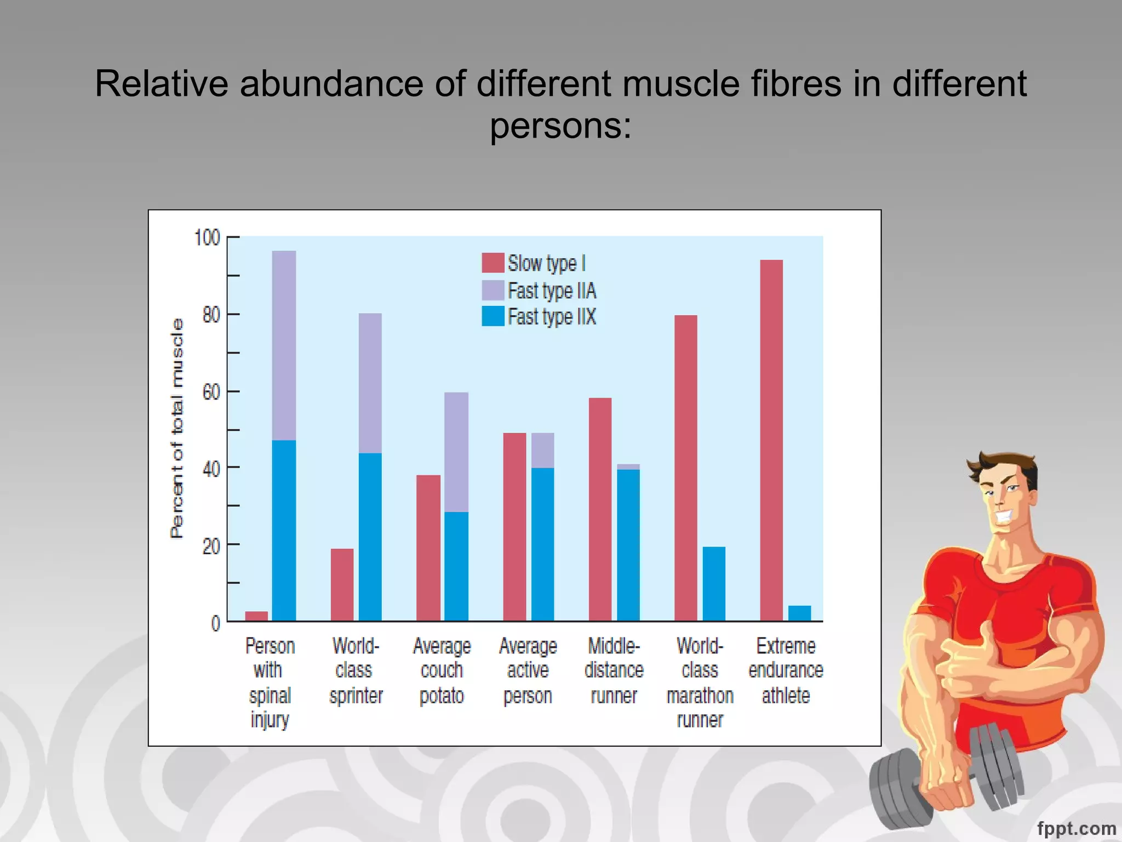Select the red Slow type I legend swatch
(x=493, y=263)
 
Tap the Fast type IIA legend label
(x=551, y=291)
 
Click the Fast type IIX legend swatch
(x=493, y=316)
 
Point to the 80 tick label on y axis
(x=211, y=315)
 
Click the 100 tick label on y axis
(x=207, y=238)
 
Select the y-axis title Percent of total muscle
(x=176, y=428)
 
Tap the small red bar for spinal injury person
(x=256, y=616)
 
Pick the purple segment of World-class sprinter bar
(x=370, y=383)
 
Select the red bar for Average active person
(x=514, y=527)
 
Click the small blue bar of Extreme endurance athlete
(x=799, y=613)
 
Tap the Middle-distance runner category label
(x=614, y=670)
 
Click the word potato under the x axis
(x=442, y=696)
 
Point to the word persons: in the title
(x=560, y=126)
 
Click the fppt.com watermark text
(x=1076, y=828)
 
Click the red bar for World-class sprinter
(x=342, y=584)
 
